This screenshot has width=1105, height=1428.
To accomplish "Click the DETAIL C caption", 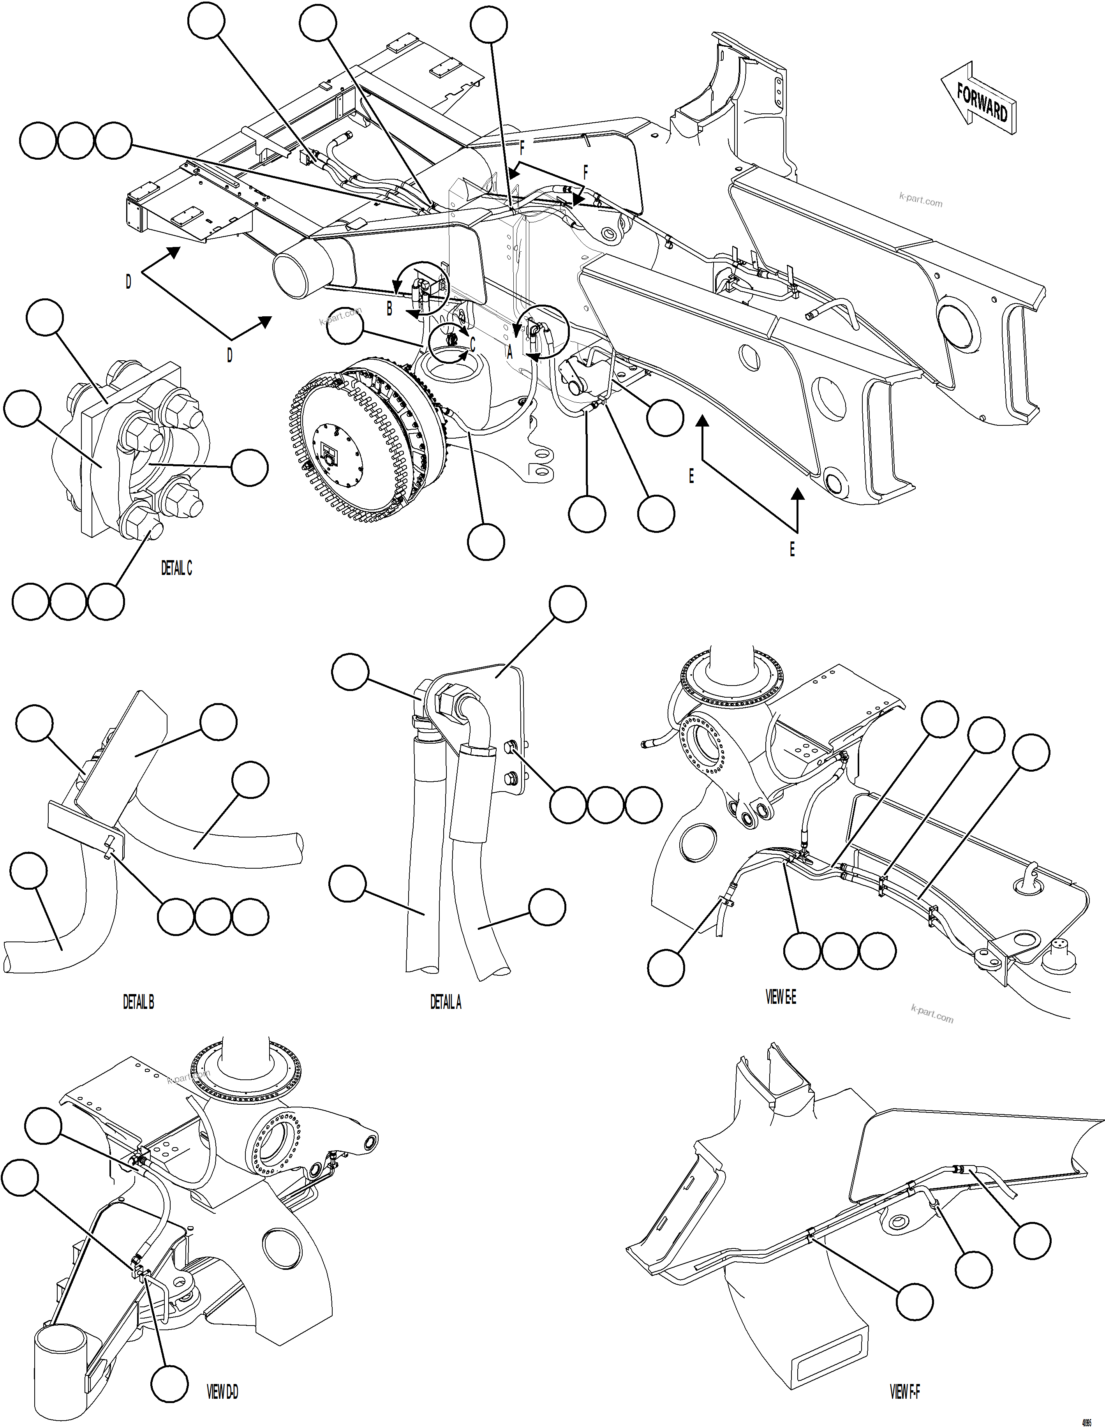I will pyautogui.click(x=176, y=569).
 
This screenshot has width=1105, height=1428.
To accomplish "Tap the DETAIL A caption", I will pyautogui.click(x=446, y=1002).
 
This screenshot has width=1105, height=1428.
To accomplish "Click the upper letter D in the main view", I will pyautogui.click(x=128, y=282).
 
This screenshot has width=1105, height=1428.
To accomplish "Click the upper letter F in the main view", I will pyautogui.click(x=522, y=148).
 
